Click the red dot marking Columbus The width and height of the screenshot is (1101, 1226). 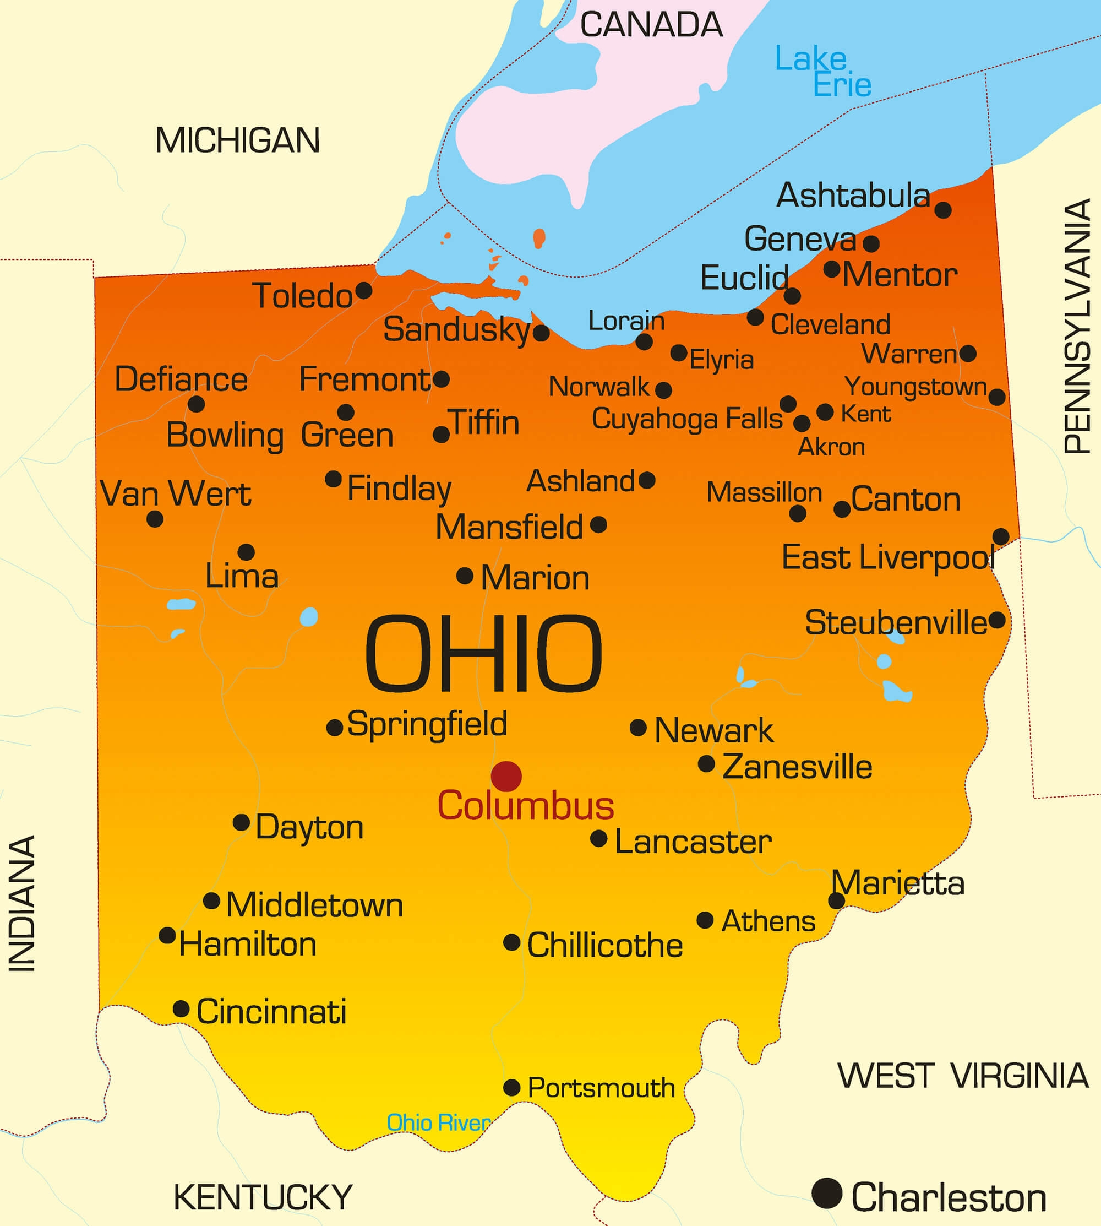click(506, 776)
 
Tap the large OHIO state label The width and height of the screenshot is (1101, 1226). click(483, 654)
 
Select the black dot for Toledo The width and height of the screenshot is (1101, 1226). click(363, 290)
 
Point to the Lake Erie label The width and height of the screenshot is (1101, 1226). click(823, 72)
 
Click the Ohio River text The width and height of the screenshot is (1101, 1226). click(439, 1123)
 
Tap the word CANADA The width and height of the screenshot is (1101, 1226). click(651, 25)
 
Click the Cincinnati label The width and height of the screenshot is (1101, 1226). click(271, 1012)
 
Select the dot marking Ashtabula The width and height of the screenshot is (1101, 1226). click(942, 210)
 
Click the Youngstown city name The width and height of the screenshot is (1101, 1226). click(916, 387)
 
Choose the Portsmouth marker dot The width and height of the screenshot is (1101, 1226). click(512, 1087)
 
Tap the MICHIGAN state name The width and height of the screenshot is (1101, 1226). click(237, 140)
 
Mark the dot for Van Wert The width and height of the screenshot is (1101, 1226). click(155, 519)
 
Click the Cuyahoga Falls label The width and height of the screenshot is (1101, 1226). click(686, 419)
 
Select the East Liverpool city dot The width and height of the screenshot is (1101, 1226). click(1001, 536)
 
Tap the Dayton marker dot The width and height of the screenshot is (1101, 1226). click(241, 822)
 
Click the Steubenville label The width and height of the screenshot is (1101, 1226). click(896, 623)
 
